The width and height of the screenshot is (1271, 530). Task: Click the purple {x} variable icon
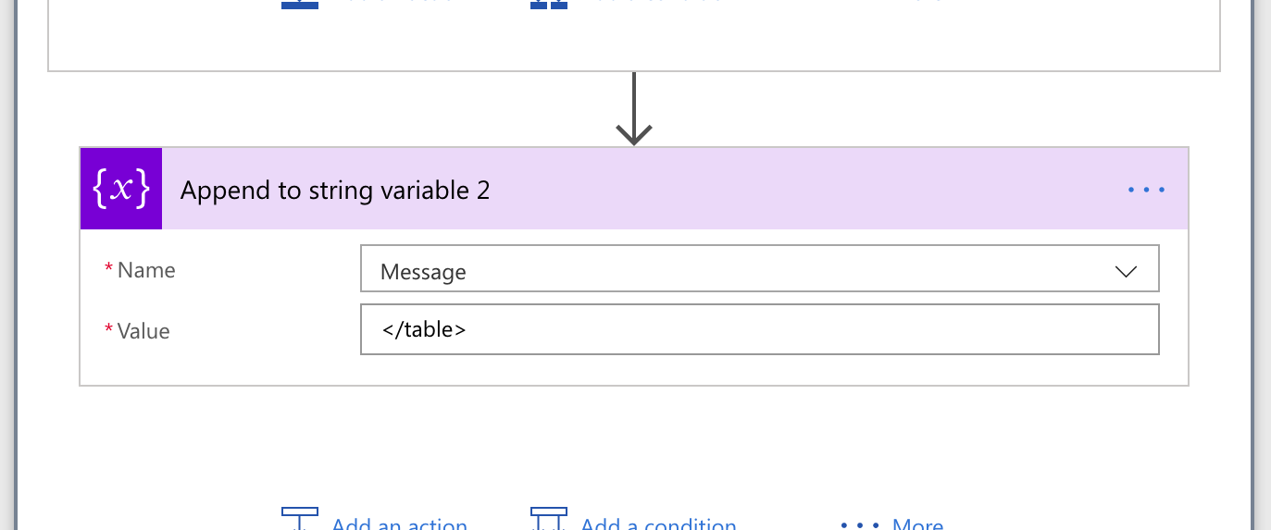(x=121, y=189)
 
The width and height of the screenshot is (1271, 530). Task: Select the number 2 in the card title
(x=483, y=191)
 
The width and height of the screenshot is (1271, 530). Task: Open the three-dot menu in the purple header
(x=1146, y=191)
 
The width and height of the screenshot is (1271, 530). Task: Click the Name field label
(x=146, y=270)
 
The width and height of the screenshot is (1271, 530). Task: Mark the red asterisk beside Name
(x=109, y=269)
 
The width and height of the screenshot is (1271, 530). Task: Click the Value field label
(x=143, y=331)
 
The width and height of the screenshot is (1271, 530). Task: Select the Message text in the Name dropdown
(x=423, y=272)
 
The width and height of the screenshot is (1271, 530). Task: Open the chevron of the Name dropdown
(x=1126, y=272)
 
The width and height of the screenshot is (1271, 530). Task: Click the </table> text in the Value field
(x=423, y=328)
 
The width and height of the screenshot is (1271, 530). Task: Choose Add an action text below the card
(x=400, y=524)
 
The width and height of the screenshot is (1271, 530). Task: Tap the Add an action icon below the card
(x=300, y=518)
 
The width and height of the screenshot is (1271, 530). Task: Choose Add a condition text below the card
(x=658, y=524)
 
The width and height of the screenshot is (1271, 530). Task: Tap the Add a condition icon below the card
(x=548, y=518)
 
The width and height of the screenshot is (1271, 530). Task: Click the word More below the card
(x=917, y=524)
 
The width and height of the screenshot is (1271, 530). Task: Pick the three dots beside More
(x=859, y=524)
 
